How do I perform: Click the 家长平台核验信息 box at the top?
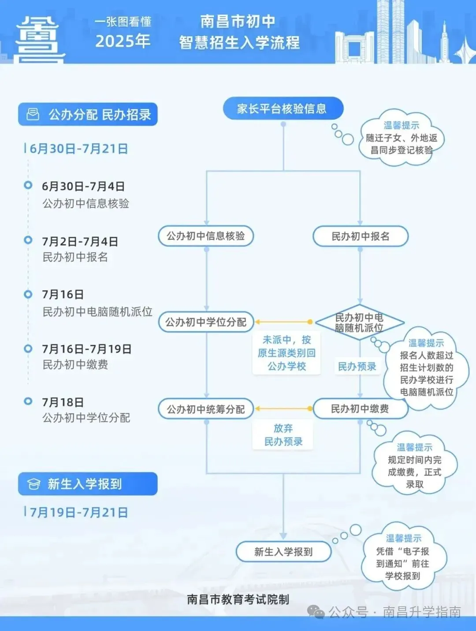pos(283,108)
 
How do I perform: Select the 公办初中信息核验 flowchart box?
pos(206,236)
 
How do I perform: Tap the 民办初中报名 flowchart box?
pos(360,236)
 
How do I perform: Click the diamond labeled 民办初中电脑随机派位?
pos(359,323)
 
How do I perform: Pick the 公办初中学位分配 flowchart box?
pos(206,322)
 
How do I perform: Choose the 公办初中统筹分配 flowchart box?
pos(206,409)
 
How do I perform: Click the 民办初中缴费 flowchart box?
pos(360,409)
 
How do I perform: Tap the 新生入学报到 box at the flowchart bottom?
pos(283,552)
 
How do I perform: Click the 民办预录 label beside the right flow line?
pos(357,366)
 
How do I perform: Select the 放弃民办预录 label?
pos(283,435)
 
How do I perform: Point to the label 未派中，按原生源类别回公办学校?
pos(286,353)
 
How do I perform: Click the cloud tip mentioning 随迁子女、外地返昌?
pos(401,138)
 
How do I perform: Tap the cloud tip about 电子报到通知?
pos(403,557)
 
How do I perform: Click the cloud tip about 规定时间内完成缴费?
pos(414,466)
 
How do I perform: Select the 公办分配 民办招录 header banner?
pos(88,115)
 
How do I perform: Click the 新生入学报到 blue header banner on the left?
pos(88,484)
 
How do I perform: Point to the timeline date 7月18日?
pos(63,402)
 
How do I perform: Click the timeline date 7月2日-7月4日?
pos(80,242)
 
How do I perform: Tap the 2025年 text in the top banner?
pos(123,41)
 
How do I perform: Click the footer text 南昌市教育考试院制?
pos(238,599)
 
